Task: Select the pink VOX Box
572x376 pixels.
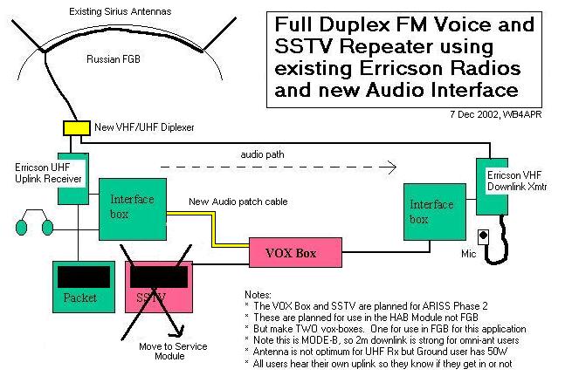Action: (293, 254)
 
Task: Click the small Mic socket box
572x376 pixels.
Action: (482, 236)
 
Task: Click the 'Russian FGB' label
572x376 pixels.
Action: (112, 59)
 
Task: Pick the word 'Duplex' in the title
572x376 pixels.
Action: (355, 24)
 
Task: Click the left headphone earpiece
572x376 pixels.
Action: (23, 228)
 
